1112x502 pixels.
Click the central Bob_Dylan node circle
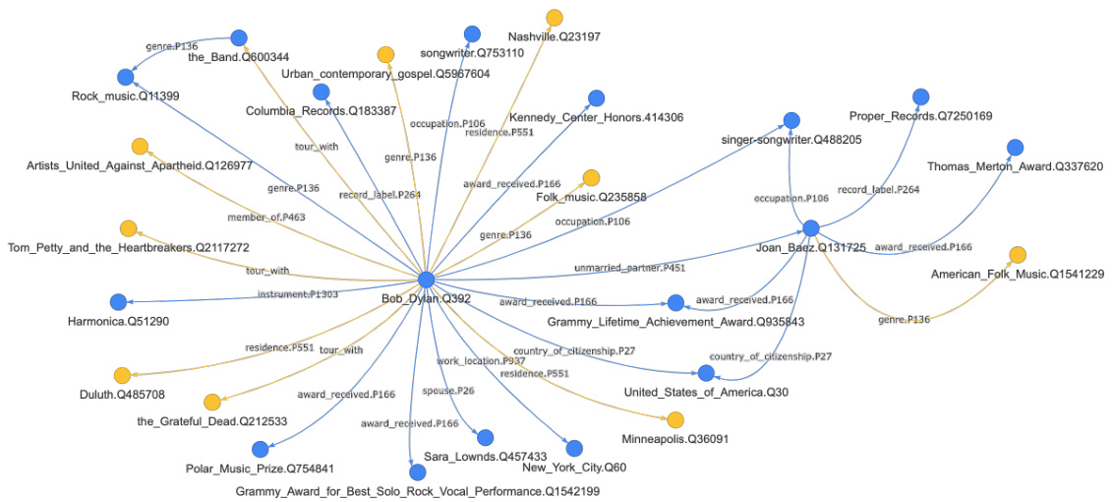(x=426, y=280)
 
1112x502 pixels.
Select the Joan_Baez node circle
(x=810, y=228)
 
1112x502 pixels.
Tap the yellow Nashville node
(x=555, y=17)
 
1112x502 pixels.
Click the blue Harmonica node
(x=118, y=301)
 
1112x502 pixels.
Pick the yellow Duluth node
(x=122, y=375)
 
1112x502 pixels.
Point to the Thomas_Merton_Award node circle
(x=1016, y=147)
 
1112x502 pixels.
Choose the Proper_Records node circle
(x=920, y=96)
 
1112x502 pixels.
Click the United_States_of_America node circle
(x=705, y=373)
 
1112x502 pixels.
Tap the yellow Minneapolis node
(x=675, y=419)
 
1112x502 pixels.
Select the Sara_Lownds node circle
(x=485, y=437)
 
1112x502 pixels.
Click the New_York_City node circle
(x=574, y=448)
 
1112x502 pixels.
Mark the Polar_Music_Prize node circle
(x=260, y=449)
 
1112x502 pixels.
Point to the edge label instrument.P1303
(x=298, y=294)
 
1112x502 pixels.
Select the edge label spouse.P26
(x=455, y=391)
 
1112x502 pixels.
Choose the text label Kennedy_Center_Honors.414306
(x=596, y=118)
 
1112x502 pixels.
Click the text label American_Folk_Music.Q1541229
(x=1018, y=274)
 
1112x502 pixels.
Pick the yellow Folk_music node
(x=591, y=177)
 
